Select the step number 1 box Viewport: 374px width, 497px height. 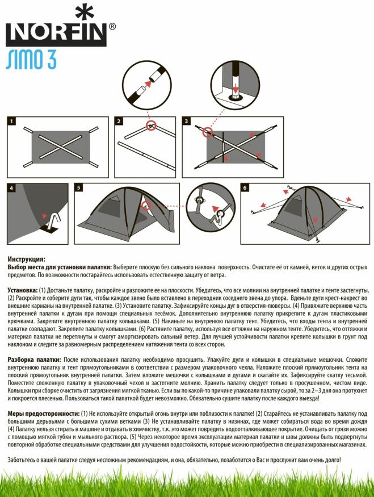pyautogui.click(x=12, y=120)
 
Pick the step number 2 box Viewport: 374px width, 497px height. pyautogui.click(x=119, y=120)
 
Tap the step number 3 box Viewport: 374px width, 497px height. pyautogui.click(x=186, y=120)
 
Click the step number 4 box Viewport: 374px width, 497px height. pyautogui.click(x=12, y=187)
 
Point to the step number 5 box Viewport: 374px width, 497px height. pyautogui.click(x=79, y=187)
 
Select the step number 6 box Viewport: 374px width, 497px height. pyautogui.click(x=245, y=187)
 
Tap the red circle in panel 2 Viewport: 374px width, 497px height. pyautogui.click(x=150, y=126)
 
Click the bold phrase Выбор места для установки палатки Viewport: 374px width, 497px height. pyautogui.click(x=60, y=266)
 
